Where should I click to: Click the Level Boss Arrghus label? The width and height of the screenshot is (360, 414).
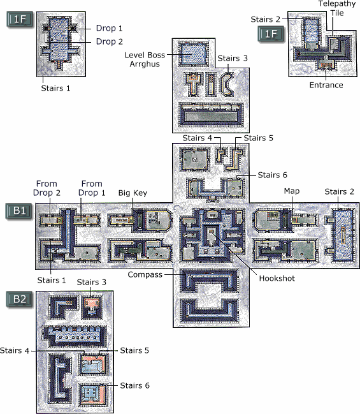145,59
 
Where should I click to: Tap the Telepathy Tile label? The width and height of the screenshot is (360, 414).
337,8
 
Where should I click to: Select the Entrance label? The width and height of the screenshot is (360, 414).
326,85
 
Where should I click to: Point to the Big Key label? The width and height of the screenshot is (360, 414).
133,193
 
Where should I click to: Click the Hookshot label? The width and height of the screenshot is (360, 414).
277,278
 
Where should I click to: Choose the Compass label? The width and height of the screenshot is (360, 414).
145,275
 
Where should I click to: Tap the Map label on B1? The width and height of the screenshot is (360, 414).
292,191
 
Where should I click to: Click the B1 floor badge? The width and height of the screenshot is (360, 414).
20,211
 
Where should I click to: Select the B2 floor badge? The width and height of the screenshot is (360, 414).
20,299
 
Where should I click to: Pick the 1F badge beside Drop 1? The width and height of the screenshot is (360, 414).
20,19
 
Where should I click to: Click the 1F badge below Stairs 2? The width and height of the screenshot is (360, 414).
271,34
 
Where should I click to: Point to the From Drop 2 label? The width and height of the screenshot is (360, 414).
47,188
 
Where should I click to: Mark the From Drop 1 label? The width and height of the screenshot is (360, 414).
92,188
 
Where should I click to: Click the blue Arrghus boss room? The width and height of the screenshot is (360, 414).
193,54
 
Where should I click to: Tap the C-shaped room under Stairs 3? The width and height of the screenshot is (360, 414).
226,84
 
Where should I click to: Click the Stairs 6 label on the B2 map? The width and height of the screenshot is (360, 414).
135,386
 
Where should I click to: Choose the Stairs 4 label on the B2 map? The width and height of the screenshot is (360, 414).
15,351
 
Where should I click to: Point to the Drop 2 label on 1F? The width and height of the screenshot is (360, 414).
110,41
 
